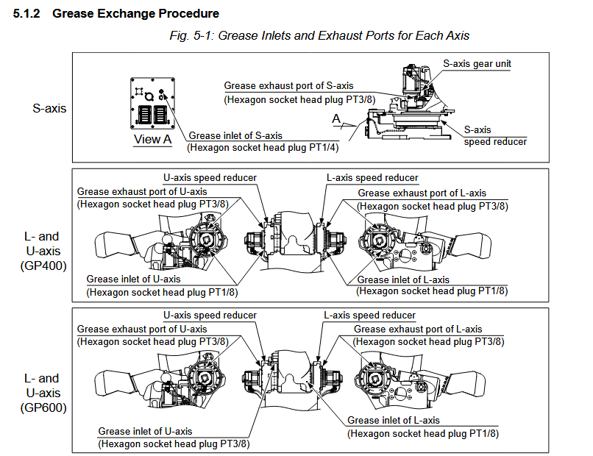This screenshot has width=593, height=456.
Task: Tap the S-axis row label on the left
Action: [x=49, y=108]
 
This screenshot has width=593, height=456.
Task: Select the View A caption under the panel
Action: [x=152, y=139]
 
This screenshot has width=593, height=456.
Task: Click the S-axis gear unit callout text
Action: [x=477, y=64]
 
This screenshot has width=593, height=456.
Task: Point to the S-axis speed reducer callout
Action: [x=495, y=135]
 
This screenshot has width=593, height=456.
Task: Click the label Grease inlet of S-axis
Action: [x=235, y=135]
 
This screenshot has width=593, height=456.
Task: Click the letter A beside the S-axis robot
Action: [x=335, y=118]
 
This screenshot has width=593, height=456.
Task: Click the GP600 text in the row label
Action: [x=43, y=406]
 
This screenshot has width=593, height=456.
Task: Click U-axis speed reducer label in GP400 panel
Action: [x=210, y=178]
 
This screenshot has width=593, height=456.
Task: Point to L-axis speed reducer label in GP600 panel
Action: [x=369, y=316]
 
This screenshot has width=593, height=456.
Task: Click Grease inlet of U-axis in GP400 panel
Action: [x=133, y=279]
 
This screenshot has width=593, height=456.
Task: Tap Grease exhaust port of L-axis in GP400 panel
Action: [x=422, y=193]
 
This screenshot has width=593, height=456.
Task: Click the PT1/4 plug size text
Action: [x=322, y=147]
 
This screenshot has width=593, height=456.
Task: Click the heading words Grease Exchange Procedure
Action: [x=135, y=14]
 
